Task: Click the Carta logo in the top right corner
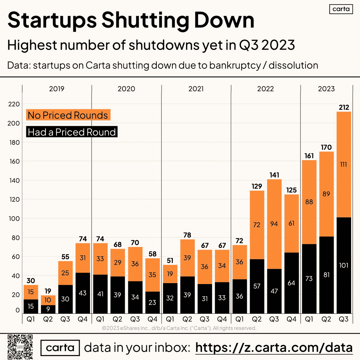tap(341, 9)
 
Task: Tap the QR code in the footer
tap(20, 347)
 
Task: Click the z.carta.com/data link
tap(274, 348)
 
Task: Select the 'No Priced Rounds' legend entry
tap(68, 115)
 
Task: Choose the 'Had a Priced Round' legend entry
tap(72, 132)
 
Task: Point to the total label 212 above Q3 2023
tap(344, 107)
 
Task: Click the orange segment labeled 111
tap(344, 165)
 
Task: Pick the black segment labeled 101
tap(344, 265)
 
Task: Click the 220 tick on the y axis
tap(14, 104)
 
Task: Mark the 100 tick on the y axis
tap(14, 218)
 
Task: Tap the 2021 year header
tap(196, 89)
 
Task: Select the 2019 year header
tap(57, 89)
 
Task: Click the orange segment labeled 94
tap(274, 224)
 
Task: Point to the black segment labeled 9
tap(48, 309)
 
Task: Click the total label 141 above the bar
tap(274, 175)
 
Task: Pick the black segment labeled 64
tap(292, 283)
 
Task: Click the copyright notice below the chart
tap(179, 328)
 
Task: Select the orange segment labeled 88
tap(309, 202)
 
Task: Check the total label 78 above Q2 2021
tap(187, 235)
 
